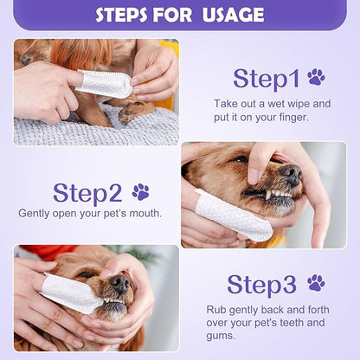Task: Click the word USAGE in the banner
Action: (x=233, y=15)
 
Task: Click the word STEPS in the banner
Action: (x=121, y=15)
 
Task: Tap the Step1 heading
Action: (x=267, y=79)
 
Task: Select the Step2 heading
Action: (x=87, y=194)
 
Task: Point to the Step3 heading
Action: (x=261, y=285)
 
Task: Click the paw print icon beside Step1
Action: (x=316, y=77)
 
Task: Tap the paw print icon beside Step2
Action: (x=141, y=192)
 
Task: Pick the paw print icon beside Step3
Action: (x=316, y=283)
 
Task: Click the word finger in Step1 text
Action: (x=294, y=118)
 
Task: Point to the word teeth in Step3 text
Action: (x=291, y=322)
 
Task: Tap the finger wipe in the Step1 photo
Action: (x=104, y=83)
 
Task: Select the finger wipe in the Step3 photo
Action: (x=72, y=292)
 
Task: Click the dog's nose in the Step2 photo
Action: (x=291, y=174)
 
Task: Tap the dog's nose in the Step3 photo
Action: (x=120, y=284)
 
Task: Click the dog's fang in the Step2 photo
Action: (x=268, y=196)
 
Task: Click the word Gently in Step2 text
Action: (x=34, y=214)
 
